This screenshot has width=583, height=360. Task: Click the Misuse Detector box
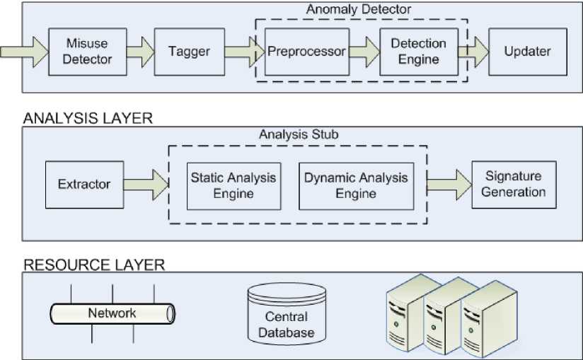click(x=87, y=51)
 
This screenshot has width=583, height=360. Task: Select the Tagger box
click(x=182, y=51)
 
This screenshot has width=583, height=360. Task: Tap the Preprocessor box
click(x=306, y=51)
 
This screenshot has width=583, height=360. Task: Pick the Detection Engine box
click(x=418, y=51)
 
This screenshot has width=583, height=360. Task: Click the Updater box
click(x=527, y=51)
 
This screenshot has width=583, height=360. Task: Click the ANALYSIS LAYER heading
click(x=88, y=118)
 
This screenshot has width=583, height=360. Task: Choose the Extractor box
click(x=83, y=185)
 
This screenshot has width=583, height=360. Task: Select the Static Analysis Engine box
click(x=233, y=185)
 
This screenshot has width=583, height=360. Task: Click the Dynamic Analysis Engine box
click(x=356, y=185)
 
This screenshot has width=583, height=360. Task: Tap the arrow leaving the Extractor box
click(x=145, y=185)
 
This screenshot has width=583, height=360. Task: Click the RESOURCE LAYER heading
click(x=94, y=265)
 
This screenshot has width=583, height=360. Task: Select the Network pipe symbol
click(x=112, y=313)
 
